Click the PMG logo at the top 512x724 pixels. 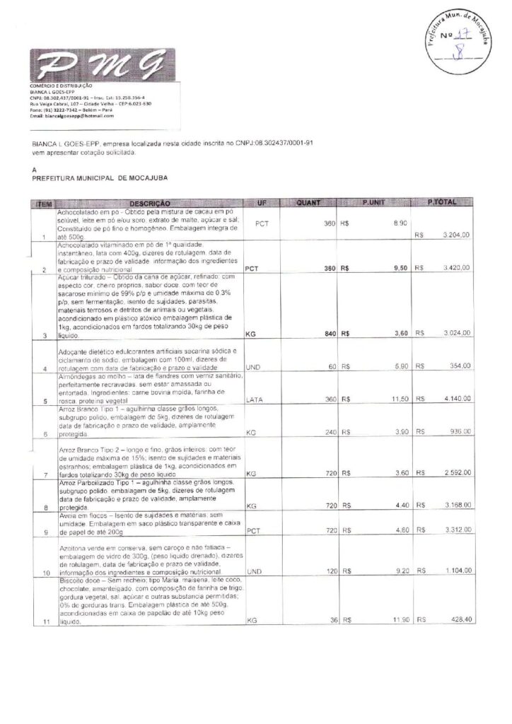click(95, 68)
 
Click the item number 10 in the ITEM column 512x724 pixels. click(46, 571)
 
